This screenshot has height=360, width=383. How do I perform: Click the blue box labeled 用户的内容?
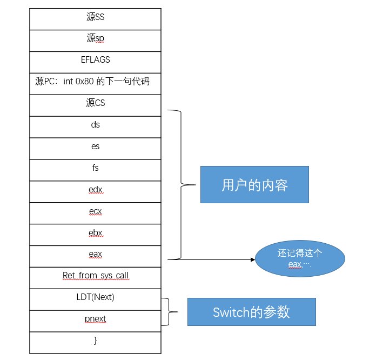(254, 185)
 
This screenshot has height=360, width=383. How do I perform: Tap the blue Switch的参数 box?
(251, 312)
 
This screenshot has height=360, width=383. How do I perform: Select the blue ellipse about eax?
(300, 259)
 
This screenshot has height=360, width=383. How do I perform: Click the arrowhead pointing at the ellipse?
(252, 259)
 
